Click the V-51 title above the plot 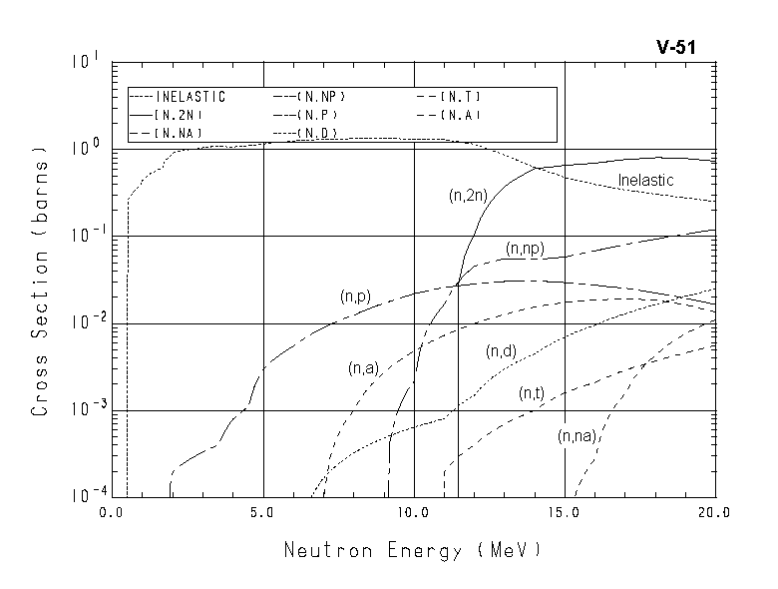click(x=683, y=47)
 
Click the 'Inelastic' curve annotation click(x=645, y=181)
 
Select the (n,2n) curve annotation click(x=467, y=197)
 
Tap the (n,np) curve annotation click(x=525, y=249)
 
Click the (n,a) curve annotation click(x=363, y=368)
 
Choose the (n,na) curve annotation click(x=578, y=435)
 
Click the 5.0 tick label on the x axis click(x=262, y=512)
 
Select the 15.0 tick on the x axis click(x=565, y=512)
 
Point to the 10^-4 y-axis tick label click(x=84, y=494)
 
